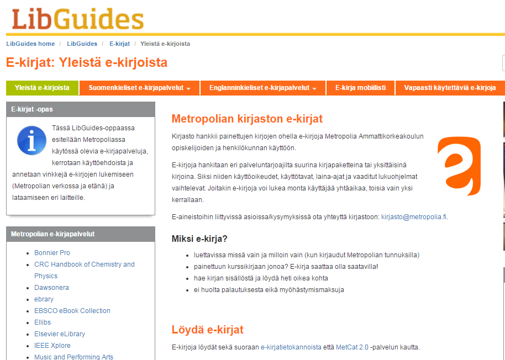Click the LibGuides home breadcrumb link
tap(30, 44)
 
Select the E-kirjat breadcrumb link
tap(119, 44)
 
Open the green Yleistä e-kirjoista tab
tap(42, 88)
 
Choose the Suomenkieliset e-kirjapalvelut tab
tap(139, 88)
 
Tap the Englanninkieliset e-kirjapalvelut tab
tap(262, 88)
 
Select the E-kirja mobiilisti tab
tap(360, 88)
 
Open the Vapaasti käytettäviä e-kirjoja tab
tap(450, 88)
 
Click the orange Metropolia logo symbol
tap(460, 165)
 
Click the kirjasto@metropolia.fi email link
tap(414, 217)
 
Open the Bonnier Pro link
tap(52, 253)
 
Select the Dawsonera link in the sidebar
tap(51, 288)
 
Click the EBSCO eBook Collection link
tap(72, 311)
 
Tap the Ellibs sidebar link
tap(43, 322)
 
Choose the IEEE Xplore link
tap(52, 346)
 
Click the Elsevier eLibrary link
tap(60, 334)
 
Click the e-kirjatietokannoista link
tap(291, 347)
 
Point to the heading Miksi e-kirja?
tap(199, 239)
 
